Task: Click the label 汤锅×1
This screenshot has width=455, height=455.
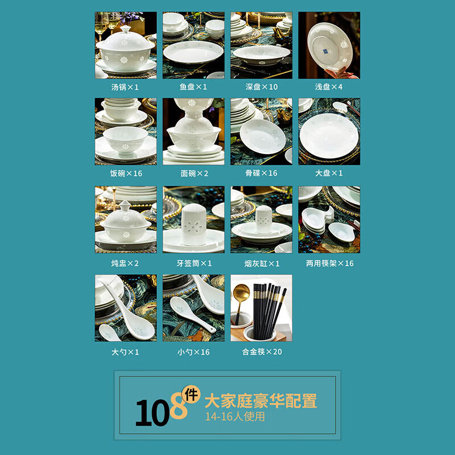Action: pos(125,87)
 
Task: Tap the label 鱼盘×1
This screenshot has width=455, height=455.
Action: pos(193,87)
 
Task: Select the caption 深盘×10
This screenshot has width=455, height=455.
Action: pos(261,87)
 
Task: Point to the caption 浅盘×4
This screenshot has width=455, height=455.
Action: pos(329,87)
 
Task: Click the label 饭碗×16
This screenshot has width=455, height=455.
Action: pos(126,173)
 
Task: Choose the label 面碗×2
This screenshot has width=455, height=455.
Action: pos(193,173)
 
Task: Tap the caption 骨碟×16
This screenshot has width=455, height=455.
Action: pos(261,173)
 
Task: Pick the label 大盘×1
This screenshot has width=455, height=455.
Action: pos(329,173)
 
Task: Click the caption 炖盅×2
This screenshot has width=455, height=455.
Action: pos(125,263)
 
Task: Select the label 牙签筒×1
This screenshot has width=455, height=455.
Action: pos(193,263)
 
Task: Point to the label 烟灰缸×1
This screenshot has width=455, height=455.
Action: pos(261,263)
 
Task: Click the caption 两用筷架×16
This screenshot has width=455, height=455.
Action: pos(329,263)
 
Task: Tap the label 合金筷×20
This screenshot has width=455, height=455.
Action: pos(261,351)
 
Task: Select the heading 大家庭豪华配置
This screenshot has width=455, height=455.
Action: pos(261,400)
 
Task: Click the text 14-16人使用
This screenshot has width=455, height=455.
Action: pos(235,416)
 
